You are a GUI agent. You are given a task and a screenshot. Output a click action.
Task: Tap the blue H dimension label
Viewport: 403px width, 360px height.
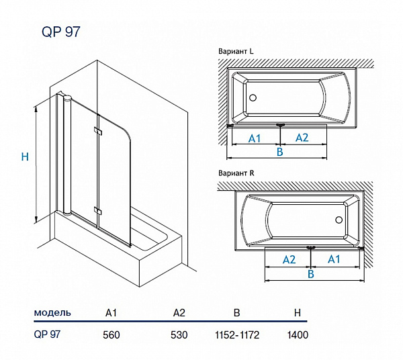[25, 157]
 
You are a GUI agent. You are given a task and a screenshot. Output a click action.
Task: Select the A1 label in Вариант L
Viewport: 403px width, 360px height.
[255, 138]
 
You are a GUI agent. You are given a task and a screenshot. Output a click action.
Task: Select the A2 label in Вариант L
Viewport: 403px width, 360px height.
[302, 138]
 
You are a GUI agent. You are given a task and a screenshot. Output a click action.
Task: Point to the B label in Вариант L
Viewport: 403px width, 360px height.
[280, 152]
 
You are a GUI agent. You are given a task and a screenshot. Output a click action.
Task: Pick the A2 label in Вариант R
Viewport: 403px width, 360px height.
[289, 259]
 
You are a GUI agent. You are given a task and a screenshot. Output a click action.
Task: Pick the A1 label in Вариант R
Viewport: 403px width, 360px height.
[334, 259]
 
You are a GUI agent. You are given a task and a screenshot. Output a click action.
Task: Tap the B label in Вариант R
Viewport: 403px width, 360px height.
[311, 274]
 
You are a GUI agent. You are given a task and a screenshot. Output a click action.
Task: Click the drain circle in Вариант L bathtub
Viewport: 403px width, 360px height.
[253, 98]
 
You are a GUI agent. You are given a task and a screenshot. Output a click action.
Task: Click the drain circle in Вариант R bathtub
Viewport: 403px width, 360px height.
[339, 220]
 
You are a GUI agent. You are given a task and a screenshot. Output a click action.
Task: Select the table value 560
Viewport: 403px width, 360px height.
[112, 334]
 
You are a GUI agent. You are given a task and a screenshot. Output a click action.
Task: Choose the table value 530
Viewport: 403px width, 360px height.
[179, 334]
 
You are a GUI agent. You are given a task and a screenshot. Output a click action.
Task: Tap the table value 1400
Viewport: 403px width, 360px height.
[298, 334]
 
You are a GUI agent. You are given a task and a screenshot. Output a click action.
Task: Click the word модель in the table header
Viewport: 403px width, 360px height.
[52, 313]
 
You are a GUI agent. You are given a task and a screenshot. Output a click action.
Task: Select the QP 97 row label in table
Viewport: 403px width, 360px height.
[47, 334]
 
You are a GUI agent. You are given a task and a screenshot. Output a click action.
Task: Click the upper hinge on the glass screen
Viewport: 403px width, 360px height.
[98, 132]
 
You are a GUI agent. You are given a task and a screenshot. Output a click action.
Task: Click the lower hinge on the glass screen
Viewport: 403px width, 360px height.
[98, 212]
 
